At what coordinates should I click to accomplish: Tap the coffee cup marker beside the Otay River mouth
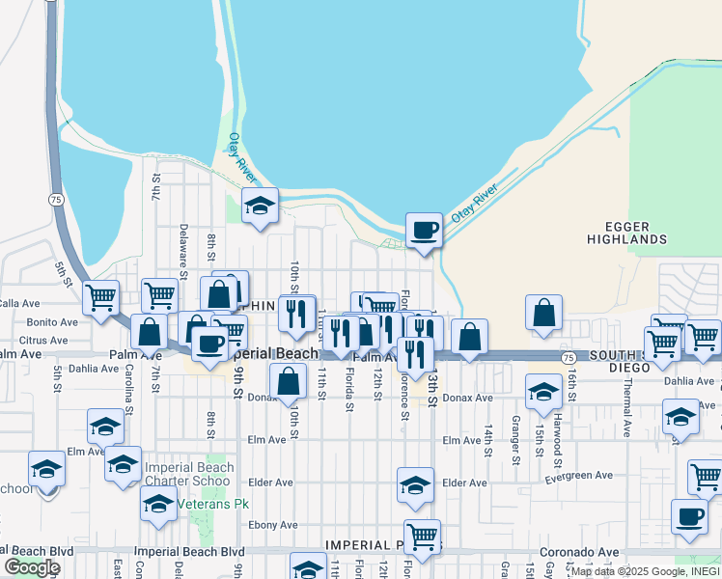424,232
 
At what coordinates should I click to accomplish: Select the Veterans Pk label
206,503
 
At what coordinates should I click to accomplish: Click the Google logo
32,567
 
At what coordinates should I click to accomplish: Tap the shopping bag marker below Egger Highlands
544,314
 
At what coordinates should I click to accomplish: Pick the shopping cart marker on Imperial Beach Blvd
422,536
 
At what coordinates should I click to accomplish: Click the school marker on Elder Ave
415,484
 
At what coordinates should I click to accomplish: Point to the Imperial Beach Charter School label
189,474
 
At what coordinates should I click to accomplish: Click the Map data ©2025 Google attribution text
645,571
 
